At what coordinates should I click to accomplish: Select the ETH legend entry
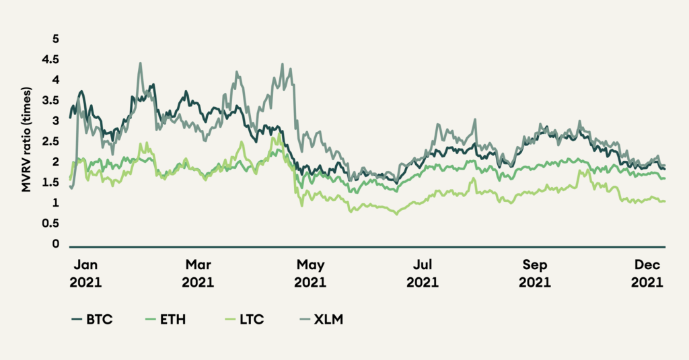166,318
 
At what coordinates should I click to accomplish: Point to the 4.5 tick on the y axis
51,60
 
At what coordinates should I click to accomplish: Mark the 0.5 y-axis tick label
51,224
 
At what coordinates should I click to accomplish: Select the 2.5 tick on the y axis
51,142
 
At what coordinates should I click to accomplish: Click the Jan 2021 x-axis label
85,275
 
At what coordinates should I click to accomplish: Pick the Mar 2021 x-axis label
198,275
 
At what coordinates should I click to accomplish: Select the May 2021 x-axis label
311,275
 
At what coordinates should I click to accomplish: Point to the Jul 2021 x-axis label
423,275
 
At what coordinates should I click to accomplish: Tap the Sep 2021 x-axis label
536,275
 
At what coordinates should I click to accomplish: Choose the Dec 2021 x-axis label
647,275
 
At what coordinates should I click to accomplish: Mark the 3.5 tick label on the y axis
51,101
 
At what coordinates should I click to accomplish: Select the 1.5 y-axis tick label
51,183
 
